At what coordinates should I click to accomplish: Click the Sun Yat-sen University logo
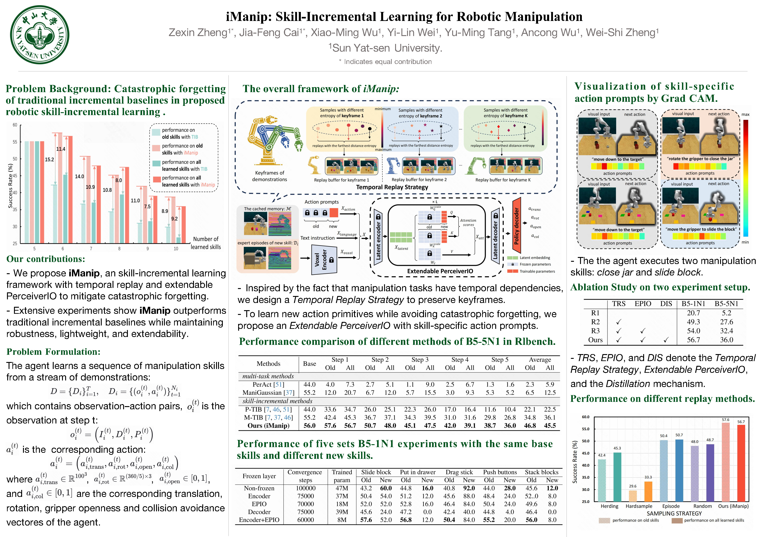tap(39, 34)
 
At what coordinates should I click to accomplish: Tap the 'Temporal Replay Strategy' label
tap(392, 187)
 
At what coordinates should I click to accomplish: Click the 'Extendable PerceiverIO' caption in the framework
tap(440, 271)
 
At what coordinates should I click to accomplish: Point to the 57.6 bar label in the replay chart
tap(725, 420)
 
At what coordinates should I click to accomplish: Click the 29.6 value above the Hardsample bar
tap(633, 486)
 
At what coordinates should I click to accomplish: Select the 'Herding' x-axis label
tap(609, 506)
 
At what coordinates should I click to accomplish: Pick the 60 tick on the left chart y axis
tap(15, 125)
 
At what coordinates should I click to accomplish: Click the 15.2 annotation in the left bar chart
tap(49, 159)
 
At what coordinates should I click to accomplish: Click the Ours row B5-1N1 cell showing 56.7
tap(693, 340)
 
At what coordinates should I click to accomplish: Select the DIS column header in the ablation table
tap(666, 304)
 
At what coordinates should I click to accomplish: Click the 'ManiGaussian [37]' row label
tap(268, 392)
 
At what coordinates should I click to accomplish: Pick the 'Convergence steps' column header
tap(305, 476)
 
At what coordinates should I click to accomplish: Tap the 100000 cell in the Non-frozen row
tap(306, 488)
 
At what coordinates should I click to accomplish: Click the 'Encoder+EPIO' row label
tap(259, 520)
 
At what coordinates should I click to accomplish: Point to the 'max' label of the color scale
tap(745, 114)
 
